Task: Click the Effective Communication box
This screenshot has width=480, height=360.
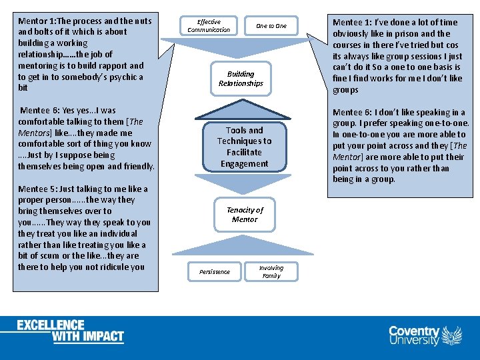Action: (209, 26)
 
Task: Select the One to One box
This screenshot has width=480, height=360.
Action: (271, 26)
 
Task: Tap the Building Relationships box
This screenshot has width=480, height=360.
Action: (241, 79)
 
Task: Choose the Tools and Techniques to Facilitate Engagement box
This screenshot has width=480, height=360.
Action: (244, 147)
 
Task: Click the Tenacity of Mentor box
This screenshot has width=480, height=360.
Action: (245, 215)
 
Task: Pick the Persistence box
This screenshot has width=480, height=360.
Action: (214, 272)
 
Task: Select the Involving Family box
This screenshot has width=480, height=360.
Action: (271, 272)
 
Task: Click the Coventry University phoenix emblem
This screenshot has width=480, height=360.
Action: (452, 335)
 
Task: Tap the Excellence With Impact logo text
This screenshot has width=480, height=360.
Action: (71, 331)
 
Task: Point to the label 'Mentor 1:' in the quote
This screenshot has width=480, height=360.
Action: (39, 21)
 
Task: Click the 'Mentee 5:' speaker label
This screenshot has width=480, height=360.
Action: (40, 189)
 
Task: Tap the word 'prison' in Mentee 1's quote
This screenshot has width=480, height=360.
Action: (393, 34)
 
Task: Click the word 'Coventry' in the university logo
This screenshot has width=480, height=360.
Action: (414, 331)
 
